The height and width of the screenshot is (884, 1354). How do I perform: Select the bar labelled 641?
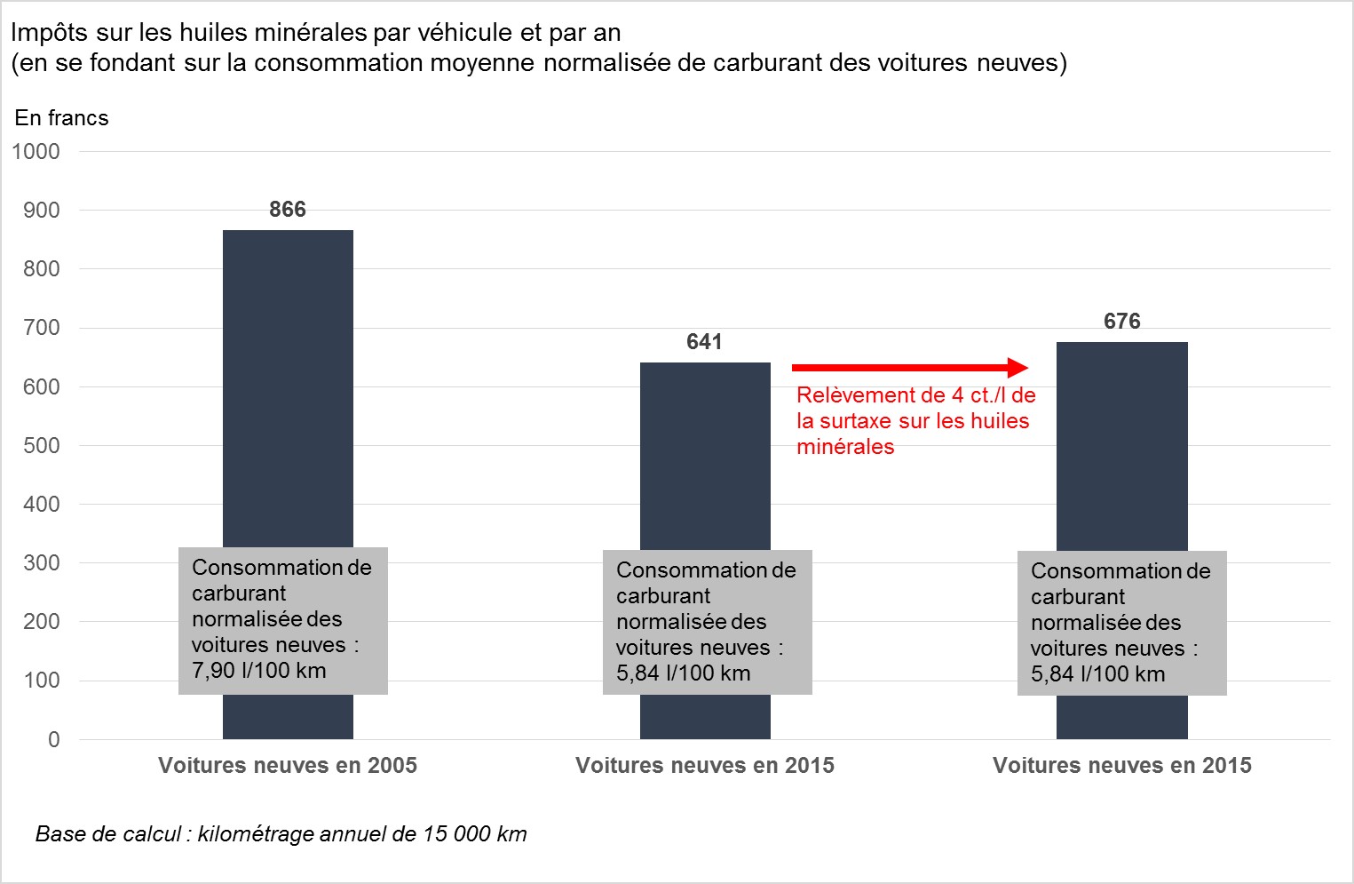point(705,453)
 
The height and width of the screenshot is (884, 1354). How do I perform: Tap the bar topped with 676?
point(1121,444)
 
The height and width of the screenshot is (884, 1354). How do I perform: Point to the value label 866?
point(288,210)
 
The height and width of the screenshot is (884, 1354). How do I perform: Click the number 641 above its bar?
point(704,342)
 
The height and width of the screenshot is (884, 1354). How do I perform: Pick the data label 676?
point(1121,322)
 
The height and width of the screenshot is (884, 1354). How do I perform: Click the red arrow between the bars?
point(909,368)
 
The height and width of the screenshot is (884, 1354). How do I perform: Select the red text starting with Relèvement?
point(915,421)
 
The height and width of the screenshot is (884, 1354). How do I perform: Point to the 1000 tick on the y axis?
point(36,152)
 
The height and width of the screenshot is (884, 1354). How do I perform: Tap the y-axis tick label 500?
point(42,446)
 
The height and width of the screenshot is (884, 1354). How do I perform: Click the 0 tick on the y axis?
point(54,740)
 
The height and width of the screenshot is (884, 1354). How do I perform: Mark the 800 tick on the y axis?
point(42,269)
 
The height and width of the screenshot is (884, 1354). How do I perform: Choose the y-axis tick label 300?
point(42,563)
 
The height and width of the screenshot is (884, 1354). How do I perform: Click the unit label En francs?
point(61,118)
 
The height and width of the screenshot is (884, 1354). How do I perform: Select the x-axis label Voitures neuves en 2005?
point(288,766)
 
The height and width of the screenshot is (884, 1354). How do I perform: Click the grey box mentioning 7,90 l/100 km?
point(282,620)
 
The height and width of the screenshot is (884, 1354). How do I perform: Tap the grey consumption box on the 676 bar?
point(1121,623)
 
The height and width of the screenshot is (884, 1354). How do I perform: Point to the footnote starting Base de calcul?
point(281,834)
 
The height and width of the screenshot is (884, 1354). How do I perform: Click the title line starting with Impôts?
point(316,33)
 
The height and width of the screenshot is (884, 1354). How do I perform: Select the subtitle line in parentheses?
point(539,63)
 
